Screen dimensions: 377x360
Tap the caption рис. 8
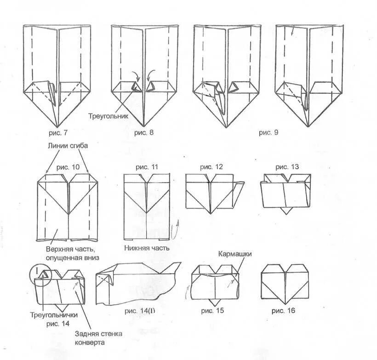(144, 133)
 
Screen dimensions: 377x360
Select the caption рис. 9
(269, 132)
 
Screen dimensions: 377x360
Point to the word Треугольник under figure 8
(108, 117)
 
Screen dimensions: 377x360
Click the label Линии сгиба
(66, 146)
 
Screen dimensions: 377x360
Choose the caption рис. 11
(147, 167)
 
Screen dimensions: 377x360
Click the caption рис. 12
(211, 167)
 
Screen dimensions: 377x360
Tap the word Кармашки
(235, 254)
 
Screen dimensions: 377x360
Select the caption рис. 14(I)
(140, 311)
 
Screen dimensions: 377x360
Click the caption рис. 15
(212, 311)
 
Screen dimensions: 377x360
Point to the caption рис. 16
(283, 311)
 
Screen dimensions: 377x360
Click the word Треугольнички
(54, 315)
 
